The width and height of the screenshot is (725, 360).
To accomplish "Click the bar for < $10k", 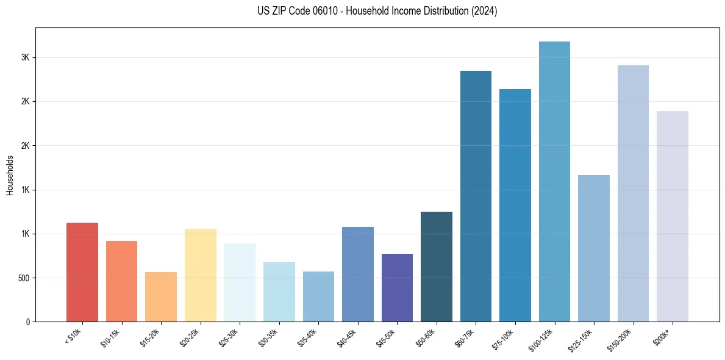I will click(x=82, y=272).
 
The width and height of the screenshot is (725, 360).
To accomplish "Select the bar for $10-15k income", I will click(x=121, y=281).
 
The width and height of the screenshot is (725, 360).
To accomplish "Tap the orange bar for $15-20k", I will click(x=161, y=297).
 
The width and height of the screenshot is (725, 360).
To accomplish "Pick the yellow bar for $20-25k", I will click(x=201, y=275).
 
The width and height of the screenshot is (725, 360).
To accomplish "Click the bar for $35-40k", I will click(x=318, y=297).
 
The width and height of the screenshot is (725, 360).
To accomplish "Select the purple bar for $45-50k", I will click(x=397, y=288).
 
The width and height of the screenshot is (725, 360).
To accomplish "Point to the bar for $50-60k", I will click(x=437, y=267).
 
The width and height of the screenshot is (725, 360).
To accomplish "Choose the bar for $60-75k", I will click(x=476, y=196).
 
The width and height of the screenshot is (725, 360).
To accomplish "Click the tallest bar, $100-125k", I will click(x=554, y=182).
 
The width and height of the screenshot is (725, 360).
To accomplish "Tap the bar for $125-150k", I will click(x=594, y=248).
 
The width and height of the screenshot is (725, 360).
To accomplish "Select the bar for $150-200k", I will click(x=633, y=193).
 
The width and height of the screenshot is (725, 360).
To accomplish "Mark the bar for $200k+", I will click(x=673, y=217).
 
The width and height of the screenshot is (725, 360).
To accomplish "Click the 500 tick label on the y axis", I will click(x=24, y=278).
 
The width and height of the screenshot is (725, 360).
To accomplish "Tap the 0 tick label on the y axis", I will click(x=28, y=322).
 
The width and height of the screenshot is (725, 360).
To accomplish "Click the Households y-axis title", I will click(x=10, y=175).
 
